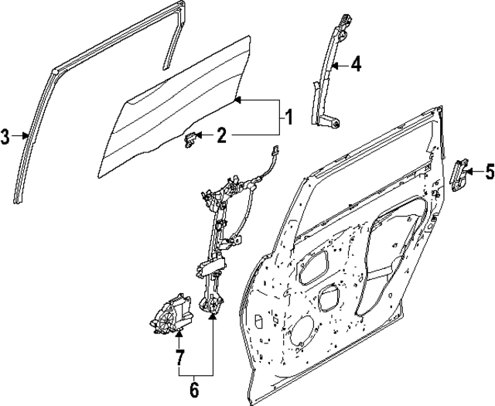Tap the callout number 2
[221, 137]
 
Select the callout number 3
[6, 138]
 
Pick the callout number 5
[489, 172]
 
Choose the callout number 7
[179, 357]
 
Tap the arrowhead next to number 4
[334, 67]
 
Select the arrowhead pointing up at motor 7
[179, 335]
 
